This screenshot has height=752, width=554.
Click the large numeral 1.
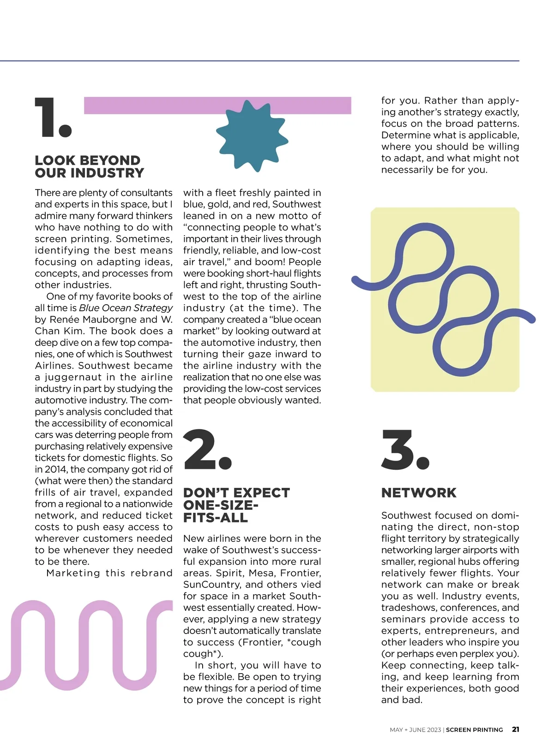(52, 118)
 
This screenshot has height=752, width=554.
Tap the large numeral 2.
(207, 450)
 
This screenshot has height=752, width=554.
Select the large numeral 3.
(405, 450)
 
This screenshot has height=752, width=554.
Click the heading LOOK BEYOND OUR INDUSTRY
(89, 166)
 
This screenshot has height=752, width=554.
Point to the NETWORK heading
(418, 492)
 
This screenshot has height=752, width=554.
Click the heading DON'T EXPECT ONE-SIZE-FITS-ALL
(236, 505)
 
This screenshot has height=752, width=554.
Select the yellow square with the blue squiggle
(445, 300)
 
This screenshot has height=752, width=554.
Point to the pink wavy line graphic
(83, 645)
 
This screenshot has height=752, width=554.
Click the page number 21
(515, 729)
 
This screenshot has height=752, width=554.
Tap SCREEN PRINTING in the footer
(474, 730)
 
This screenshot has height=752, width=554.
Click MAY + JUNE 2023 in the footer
(415, 730)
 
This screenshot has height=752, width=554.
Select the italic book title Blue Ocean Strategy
(126, 308)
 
